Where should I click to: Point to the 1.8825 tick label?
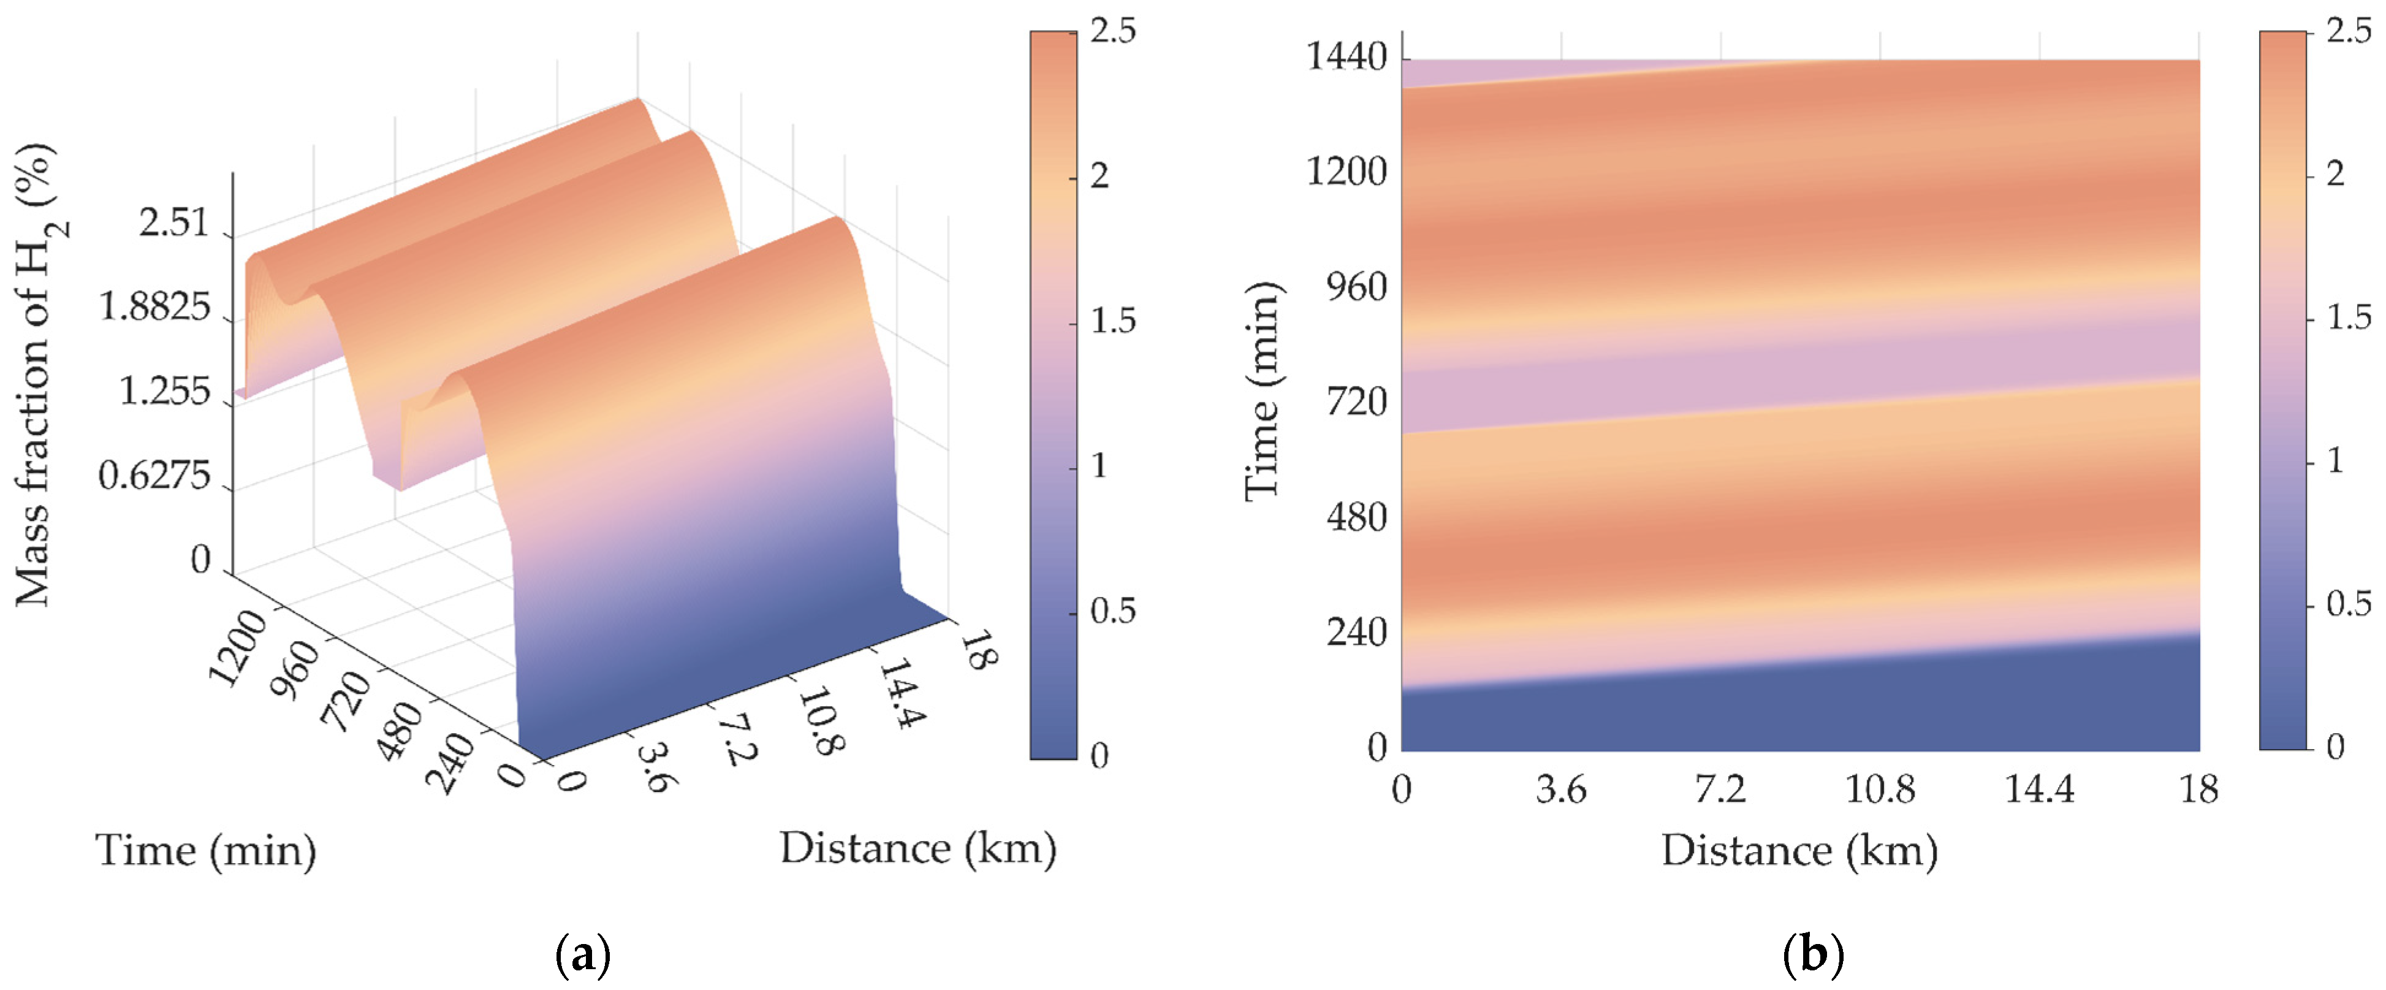(x=154, y=308)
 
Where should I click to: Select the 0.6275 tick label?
(x=154, y=476)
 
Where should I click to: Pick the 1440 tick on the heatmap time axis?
(x=1346, y=58)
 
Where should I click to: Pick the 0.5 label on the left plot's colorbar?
(x=1112, y=611)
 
